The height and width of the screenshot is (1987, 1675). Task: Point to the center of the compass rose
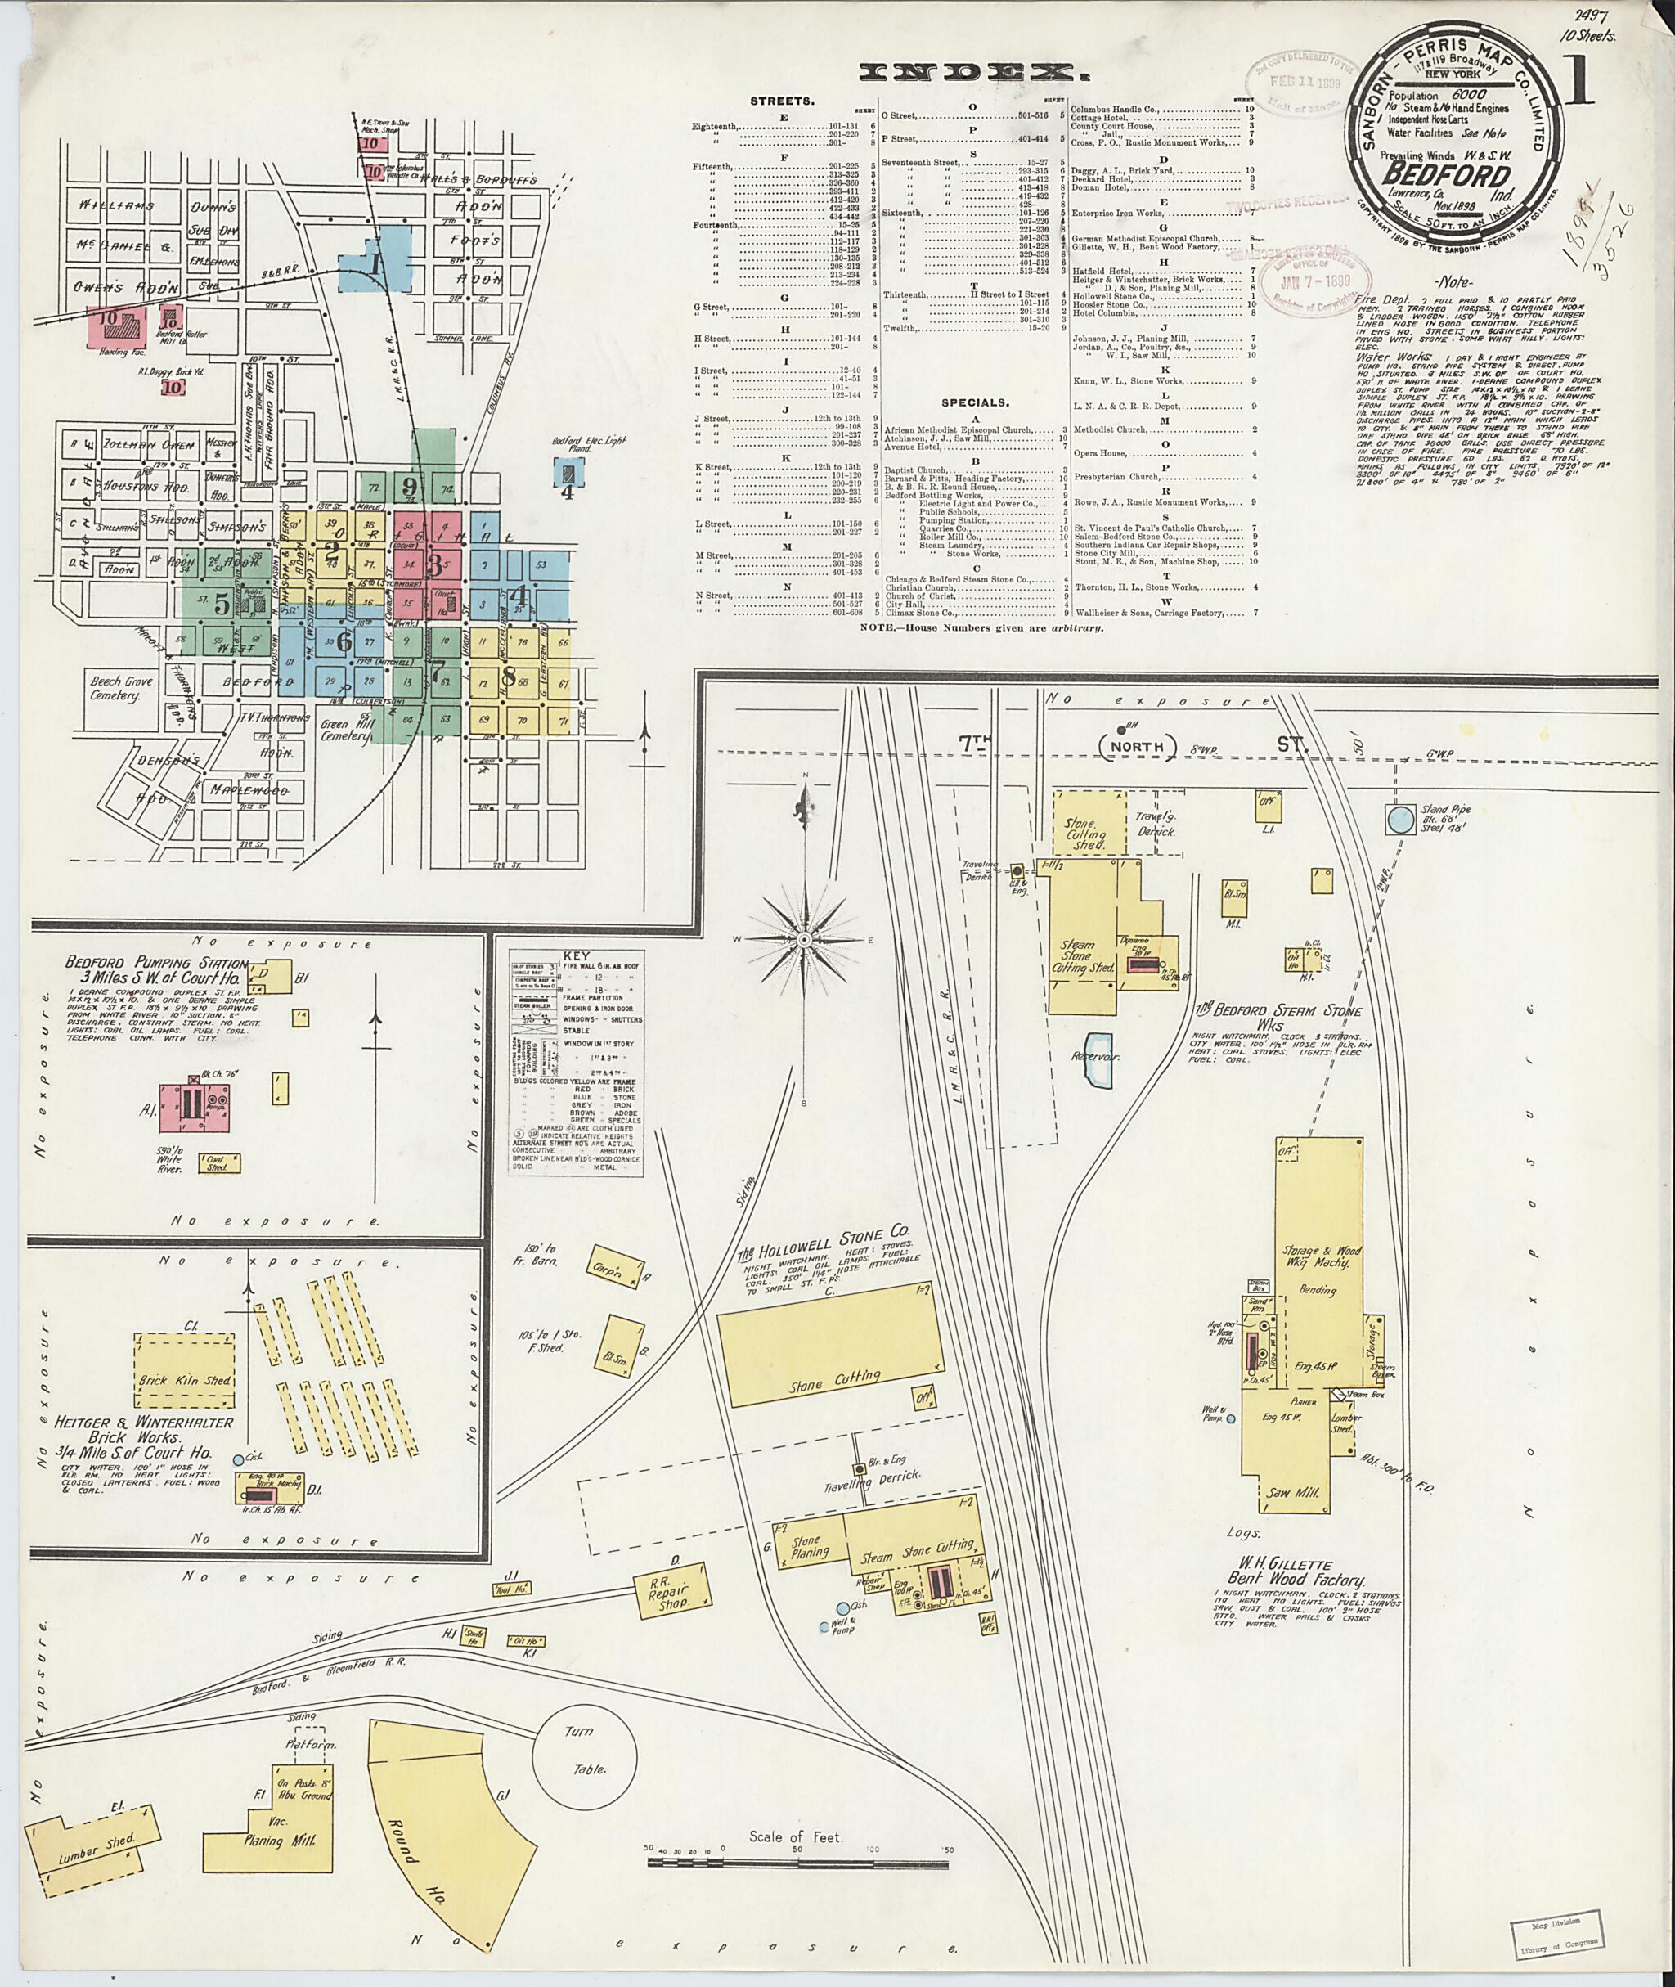coord(804,939)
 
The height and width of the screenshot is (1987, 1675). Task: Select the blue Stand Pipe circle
coord(1398,819)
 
